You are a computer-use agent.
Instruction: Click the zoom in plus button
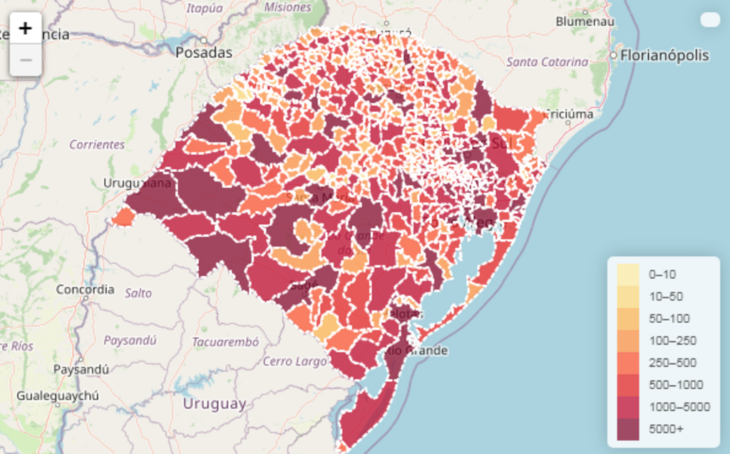point(26,29)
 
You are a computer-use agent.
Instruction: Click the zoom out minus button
point(26,61)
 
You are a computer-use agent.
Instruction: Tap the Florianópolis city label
point(664,56)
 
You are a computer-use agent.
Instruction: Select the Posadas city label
point(204,53)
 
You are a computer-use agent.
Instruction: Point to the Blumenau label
point(585,21)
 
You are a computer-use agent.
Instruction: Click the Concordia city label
point(85,289)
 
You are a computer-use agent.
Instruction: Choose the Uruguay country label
point(215,404)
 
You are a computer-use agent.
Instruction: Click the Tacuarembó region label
point(225,342)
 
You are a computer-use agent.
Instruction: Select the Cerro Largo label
point(294,361)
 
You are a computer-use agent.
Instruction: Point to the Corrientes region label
point(97,145)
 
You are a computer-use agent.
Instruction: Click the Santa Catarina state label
point(547,62)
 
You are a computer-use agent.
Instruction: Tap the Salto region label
point(138,293)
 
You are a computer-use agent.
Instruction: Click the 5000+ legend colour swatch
point(628,429)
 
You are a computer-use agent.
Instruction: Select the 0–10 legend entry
point(662,274)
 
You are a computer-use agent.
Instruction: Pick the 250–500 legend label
point(672,363)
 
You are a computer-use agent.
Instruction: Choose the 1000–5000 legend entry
point(679,407)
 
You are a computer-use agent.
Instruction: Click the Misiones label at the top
point(287,7)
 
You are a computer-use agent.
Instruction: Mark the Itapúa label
point(205,9)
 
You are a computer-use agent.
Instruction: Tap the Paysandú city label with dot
point(81,369)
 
